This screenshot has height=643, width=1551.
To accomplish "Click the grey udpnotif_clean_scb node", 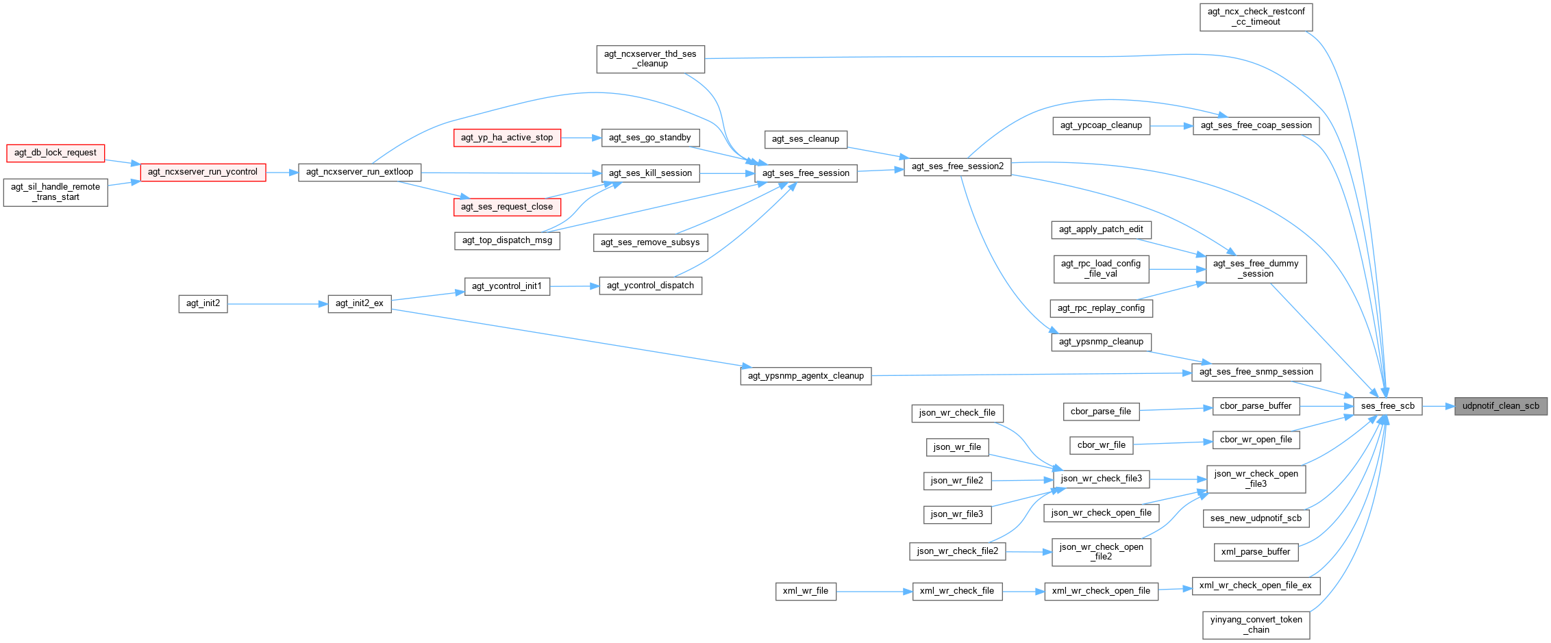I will click(x=1500, y=406).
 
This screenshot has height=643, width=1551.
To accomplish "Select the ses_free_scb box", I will click(x=1387, y=406).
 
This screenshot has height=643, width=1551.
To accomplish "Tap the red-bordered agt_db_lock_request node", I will click(x=55, y=153).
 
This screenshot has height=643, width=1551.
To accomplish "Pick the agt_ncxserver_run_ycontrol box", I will click(x=203, y=172).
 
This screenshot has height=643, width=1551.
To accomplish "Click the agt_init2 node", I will click(x=203, y=303).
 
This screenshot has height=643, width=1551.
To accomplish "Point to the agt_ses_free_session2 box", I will click(x=957, y=166).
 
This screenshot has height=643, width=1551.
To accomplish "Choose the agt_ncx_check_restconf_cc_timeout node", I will click(x=1256, y=16).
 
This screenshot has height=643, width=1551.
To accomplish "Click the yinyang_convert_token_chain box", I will click(x=1256, y=625).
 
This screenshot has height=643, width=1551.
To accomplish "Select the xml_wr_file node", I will click(x=805, y=591).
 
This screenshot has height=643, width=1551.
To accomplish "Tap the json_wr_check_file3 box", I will click(x=1101, y=479).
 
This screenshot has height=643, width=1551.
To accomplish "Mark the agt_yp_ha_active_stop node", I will click(x=506, y=138).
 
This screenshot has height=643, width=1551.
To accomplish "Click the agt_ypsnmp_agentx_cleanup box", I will click(x=805, y=376).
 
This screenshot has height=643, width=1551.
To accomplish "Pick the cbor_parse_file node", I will click(x=1100, y=412).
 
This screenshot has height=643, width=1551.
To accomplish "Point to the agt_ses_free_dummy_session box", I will click(x=1255, y=268).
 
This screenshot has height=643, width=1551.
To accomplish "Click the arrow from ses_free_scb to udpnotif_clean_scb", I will click(x=1438, y=406).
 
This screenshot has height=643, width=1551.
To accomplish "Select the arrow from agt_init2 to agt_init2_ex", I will click(x=277, y=304).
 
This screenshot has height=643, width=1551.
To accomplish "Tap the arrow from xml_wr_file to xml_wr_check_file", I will click(x=874, y=592).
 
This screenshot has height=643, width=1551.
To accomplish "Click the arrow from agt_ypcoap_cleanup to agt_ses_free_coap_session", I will click(x=1171, y=126).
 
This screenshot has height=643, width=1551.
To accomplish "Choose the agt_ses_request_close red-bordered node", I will click(x=506, y=207).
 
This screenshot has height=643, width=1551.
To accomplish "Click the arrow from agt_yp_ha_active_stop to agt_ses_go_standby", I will click(x=581, y=138).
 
